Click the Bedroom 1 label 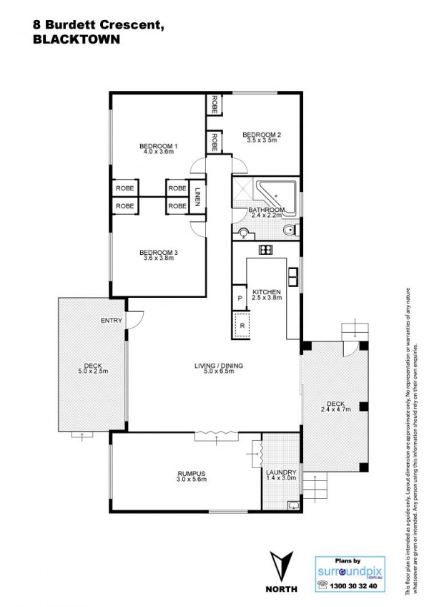[158, 146]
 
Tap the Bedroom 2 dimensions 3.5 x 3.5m [262, 140]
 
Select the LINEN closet [197, 196]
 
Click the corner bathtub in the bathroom [277, 195]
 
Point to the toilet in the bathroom [290, 230]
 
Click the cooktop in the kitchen [266, 250]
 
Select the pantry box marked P [240, 298]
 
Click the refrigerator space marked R [242, 326]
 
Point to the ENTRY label [111, 321]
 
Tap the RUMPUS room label [192, 473]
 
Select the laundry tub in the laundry [294, 505]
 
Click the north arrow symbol [282, 566]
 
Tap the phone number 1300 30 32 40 [353, 586]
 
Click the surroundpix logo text [350, 571]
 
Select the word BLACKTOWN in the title [77, 39]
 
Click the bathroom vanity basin [244, 234]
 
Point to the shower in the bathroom [243, 189]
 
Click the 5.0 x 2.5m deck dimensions [93, 372]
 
